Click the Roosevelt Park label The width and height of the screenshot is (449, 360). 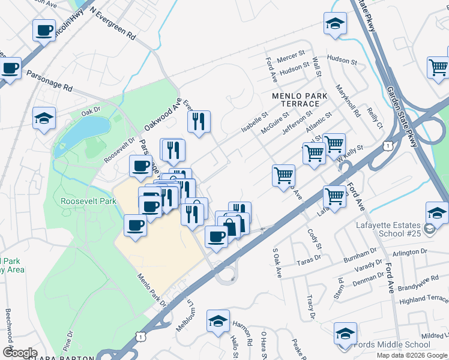(89, 202)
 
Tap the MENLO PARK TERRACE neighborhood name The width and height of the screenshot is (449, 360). (300, 100)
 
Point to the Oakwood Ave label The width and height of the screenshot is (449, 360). (162, 115)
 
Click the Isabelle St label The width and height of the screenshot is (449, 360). (255, 122)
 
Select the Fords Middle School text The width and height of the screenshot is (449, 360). (393, 344)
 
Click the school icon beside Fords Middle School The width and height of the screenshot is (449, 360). (345, 334)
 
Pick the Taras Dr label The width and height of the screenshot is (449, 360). (309, 262)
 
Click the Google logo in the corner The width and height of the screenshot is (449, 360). (20, 353)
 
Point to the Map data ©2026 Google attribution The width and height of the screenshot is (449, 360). (412, 355)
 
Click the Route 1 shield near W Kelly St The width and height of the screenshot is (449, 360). (388, 146)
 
